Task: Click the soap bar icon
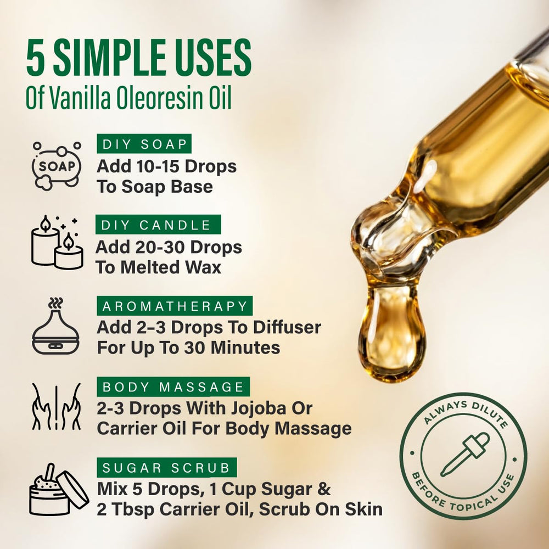coord(57,166)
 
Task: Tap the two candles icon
coord(57,242)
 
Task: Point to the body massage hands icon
coord(57,406)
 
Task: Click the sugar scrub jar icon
coord(59,489)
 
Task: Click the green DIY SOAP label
coord(144,143)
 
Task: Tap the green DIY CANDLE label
coord(158,225)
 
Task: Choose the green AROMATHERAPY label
coord(175,306)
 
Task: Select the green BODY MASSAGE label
coord(173,386)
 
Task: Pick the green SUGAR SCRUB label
coord(167,467)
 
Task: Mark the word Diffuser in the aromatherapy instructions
coord(287,328)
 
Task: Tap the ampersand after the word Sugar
coord(324,489)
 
